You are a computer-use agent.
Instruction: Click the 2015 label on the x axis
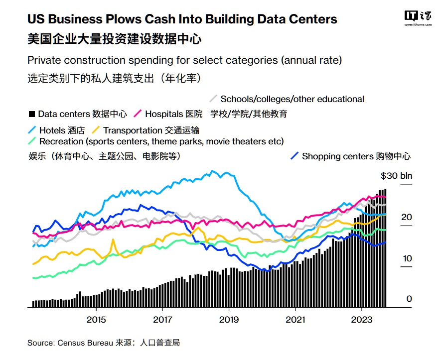point(96,319)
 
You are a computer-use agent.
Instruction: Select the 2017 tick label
point(162,319)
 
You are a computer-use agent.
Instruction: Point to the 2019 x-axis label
point(229,319)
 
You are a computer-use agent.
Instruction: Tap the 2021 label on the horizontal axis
point(295,319)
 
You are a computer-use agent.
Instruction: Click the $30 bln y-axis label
point(396,176)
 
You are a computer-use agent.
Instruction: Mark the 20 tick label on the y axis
point(407,217)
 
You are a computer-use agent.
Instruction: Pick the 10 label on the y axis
point(407,258)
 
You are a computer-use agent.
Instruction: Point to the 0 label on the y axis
point(409,299)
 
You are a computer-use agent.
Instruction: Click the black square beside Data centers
point(31,114)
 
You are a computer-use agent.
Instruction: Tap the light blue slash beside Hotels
point(32,130)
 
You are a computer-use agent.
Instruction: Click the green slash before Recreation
point(32,141)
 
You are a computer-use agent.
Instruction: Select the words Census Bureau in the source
point(78,343)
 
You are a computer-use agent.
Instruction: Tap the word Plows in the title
point(122,19)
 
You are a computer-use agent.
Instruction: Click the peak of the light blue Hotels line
point(213,172)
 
